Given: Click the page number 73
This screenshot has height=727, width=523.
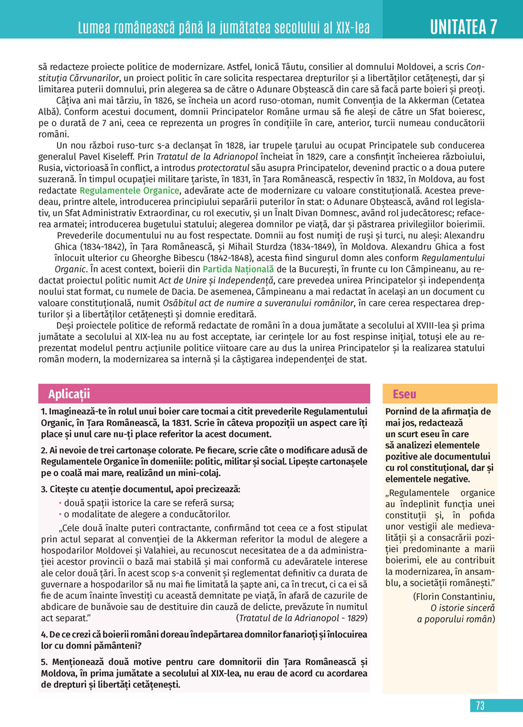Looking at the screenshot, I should [480, 706].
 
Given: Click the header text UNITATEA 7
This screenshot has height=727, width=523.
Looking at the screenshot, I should [463, 27].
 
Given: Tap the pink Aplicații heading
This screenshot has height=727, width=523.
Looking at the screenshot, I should [69, 394].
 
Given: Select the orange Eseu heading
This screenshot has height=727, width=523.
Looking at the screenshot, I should [404, 394].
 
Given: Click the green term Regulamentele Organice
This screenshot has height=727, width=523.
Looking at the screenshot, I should [129, 190].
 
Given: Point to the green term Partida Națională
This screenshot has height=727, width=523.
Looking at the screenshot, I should [238, 269].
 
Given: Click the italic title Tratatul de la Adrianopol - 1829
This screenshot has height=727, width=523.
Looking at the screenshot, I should [302, 618].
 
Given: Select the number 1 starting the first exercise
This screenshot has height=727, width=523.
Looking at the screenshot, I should [44, 412].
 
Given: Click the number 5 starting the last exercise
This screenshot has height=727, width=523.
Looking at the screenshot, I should [44, 662].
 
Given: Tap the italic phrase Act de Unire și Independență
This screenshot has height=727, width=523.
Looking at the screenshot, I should [217, 280].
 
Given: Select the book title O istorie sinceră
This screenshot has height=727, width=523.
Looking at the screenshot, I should [462, 608].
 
